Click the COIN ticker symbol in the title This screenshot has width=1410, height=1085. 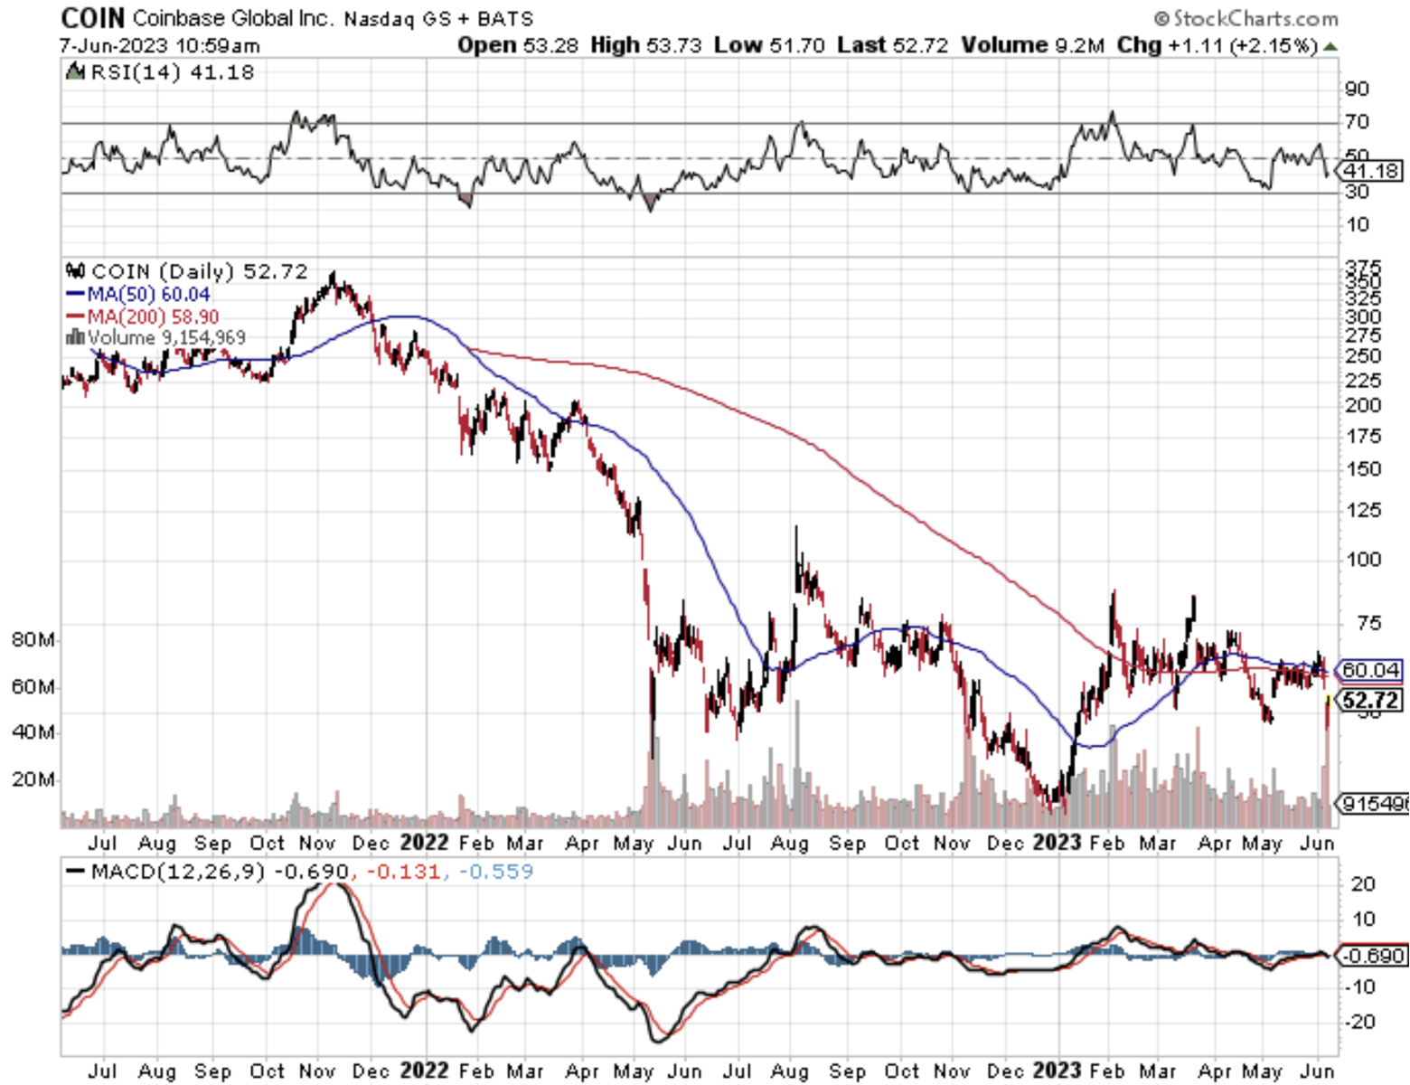pos(92,17)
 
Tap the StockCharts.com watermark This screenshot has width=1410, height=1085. pos(1246,18)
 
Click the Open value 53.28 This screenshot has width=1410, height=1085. pos(550,45)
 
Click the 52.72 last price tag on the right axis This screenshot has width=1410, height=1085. pos(1370,700)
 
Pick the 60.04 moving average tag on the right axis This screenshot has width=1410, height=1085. pos(1370,670)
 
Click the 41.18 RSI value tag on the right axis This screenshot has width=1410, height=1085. pos(1371,171)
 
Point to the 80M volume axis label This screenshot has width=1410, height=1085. pos(33,640)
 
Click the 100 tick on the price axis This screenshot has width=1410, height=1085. pos(1363,560)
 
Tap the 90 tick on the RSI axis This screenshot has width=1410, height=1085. pos(1357,89)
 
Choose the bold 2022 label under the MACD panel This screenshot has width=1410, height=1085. pos(424,1071)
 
